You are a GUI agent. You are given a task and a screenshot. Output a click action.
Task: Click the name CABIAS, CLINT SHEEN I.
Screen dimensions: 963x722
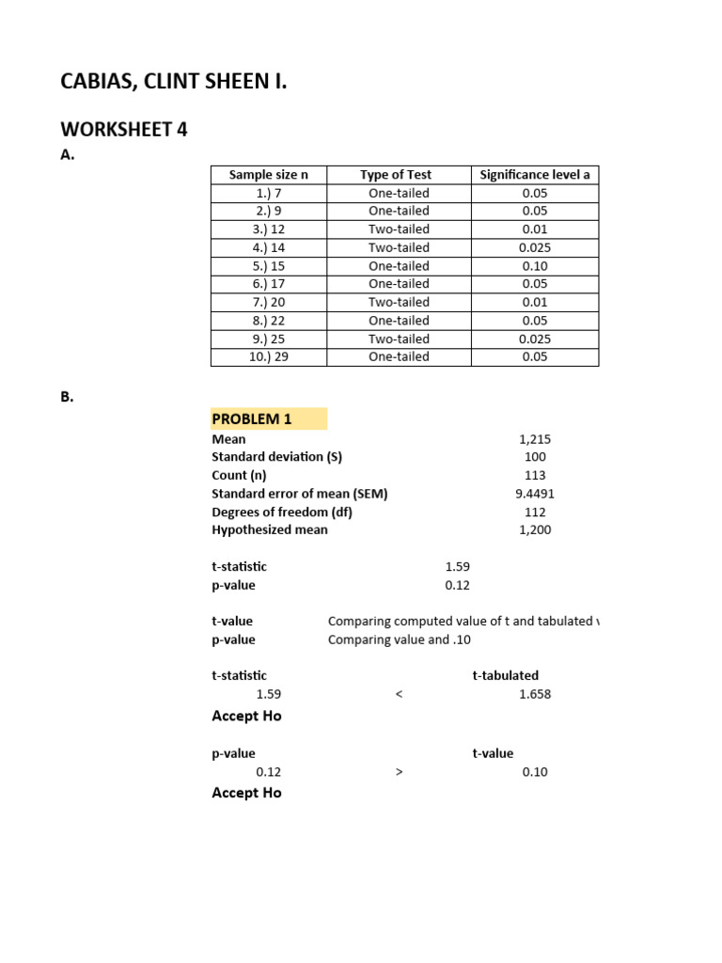[174, 83]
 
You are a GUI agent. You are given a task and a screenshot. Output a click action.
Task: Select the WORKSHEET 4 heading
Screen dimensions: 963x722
[124, 130]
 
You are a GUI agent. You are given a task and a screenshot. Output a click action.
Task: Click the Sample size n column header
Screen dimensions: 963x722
[268, 175]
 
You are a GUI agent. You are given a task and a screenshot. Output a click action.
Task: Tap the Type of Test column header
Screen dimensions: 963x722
[396, 175]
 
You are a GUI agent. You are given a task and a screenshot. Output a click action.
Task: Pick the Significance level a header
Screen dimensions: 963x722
[535, 175]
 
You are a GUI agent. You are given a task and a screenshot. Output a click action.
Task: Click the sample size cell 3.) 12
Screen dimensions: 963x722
[268, 229]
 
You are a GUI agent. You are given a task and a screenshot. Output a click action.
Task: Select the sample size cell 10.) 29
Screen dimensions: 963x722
[268, 356]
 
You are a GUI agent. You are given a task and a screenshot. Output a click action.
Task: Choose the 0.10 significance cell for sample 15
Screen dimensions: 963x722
[535, 266]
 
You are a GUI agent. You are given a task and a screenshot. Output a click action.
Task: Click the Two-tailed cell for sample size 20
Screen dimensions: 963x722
[399, 302]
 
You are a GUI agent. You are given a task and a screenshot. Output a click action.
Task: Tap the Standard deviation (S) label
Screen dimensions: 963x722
[277, 457]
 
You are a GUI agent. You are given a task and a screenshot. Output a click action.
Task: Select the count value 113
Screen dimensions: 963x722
[535, 476]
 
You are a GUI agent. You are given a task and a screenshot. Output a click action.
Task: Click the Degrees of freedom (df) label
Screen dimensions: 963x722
[282, 512]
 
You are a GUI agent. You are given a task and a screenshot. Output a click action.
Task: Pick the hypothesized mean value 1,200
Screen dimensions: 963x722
[535, 529]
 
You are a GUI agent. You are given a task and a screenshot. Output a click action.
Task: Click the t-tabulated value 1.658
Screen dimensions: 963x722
[535, 694]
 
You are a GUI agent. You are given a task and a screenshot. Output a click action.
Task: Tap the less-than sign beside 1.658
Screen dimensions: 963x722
[400, 694]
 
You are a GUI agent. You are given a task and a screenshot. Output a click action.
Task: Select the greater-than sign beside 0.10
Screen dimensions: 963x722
[400, 772]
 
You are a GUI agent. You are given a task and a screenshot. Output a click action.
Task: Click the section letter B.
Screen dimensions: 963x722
[67, 397]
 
